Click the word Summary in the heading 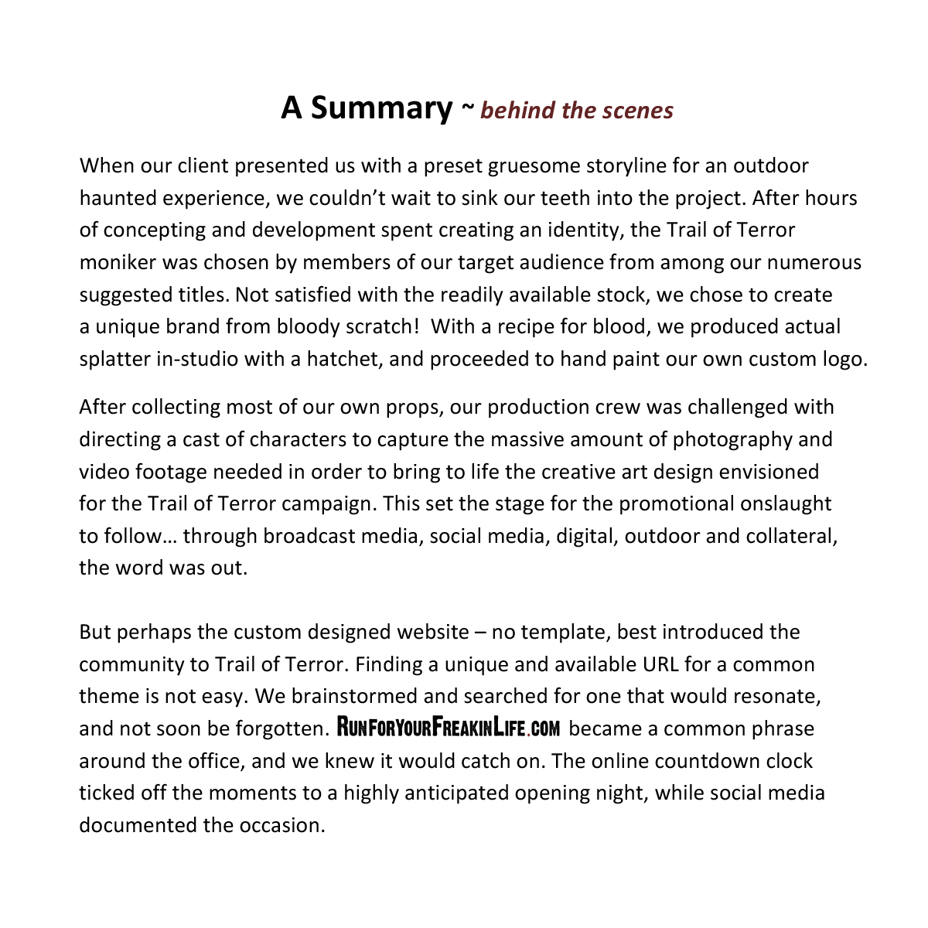[381, 108]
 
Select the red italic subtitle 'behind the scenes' [577, 111]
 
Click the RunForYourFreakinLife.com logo [449, 728]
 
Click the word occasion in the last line [285, 825]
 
